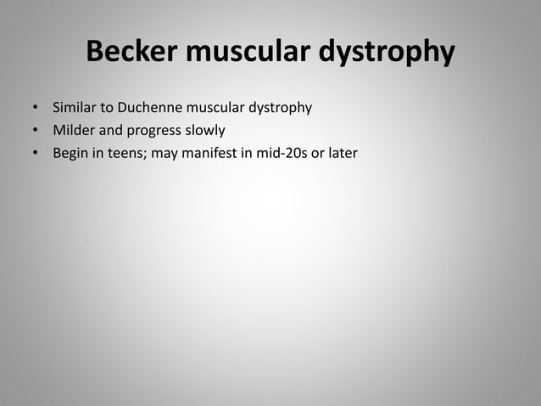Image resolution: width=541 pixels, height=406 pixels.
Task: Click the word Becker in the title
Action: pyautogui.click(x=133, y=53)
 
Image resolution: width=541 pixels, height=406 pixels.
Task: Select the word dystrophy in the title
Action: pyautogui.click(x=388, y=53)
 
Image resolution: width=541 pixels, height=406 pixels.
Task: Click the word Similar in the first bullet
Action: pyautogui.click(x=74, y=109)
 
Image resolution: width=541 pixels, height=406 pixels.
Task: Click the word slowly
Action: pyautogui.click(x=204, y=132)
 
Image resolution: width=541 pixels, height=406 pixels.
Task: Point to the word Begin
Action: pyautogui.click(x=70, y=154)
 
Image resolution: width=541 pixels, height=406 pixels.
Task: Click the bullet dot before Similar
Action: pyautogui.click(x=36, y=110)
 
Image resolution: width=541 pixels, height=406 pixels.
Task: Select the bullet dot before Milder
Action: pyautogui.click(x=36, y=132)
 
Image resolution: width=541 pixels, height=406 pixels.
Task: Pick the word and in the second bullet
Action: pyautogui.click(x=109, y=132)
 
